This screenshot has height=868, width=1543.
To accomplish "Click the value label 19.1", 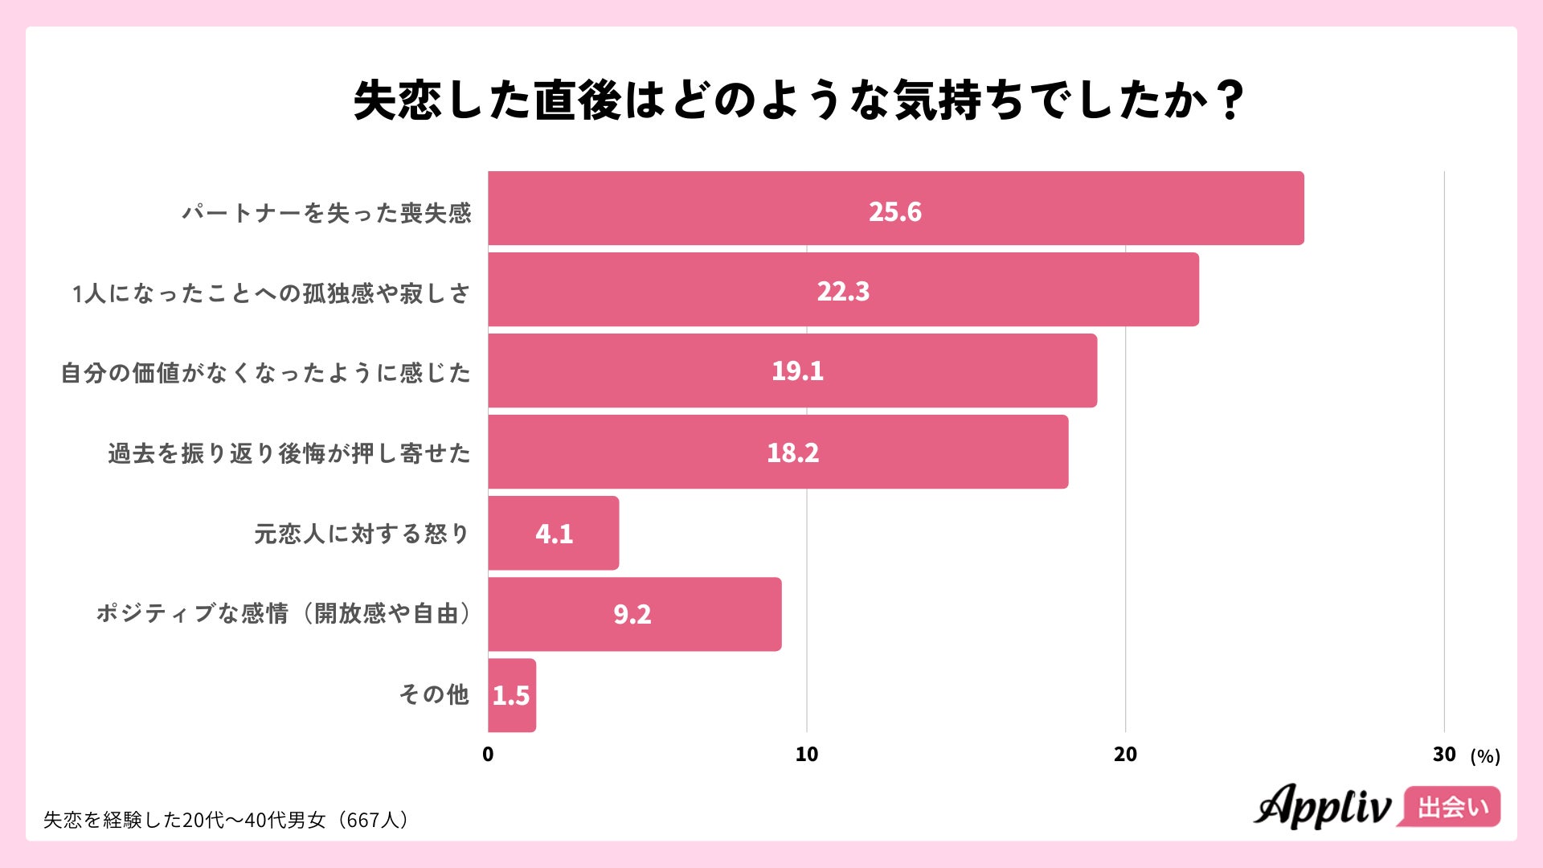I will coord(797,371).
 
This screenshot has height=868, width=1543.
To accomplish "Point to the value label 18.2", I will coord(792,452).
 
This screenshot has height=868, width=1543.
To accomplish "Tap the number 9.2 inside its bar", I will coord(632,614).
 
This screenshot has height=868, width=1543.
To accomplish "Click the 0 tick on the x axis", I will coord(488,754).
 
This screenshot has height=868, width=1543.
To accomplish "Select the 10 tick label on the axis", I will coord(806,754).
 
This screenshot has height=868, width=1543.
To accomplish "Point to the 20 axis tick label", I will coord(1125,754).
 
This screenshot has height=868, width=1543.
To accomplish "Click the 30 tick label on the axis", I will coord(1443,754).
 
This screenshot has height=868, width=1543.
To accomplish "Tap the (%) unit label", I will coord(1484,755).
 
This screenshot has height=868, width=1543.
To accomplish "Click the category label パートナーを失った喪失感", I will coord(325,213).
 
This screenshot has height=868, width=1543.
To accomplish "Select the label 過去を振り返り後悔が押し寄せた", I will coord(289,453).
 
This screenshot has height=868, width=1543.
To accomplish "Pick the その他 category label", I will coord(434,694).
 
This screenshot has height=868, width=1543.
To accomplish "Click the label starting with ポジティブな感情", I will coord(283,613).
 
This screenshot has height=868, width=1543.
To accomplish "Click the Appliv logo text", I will coord(1322,805).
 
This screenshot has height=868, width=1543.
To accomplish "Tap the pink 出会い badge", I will coord(1451,806).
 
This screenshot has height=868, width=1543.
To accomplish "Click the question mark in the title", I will coord(1229,100).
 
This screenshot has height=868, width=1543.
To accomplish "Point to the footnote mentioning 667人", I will coord(227,820).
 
